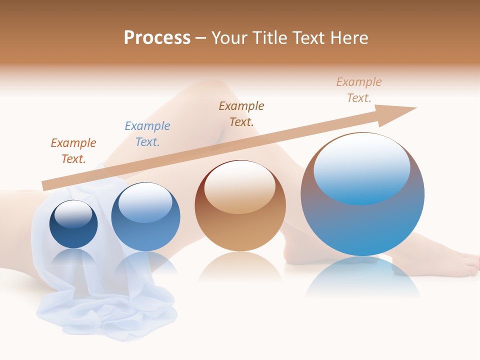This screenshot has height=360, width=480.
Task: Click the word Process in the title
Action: [x=157, y=37]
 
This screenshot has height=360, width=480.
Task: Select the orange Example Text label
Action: [x=73, y=150]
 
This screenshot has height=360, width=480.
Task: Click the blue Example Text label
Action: [x=147, y=133]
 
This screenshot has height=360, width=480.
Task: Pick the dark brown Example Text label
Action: [x=241, y=113]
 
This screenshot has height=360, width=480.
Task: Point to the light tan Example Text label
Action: [x=358, y=90]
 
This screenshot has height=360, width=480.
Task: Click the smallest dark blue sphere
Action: [x=73, y=235]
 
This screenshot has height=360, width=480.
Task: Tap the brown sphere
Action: [x=240, y=230]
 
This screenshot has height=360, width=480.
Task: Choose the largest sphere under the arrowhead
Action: [x=362, y=225]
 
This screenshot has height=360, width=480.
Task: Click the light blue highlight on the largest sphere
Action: [x=362, y=168]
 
